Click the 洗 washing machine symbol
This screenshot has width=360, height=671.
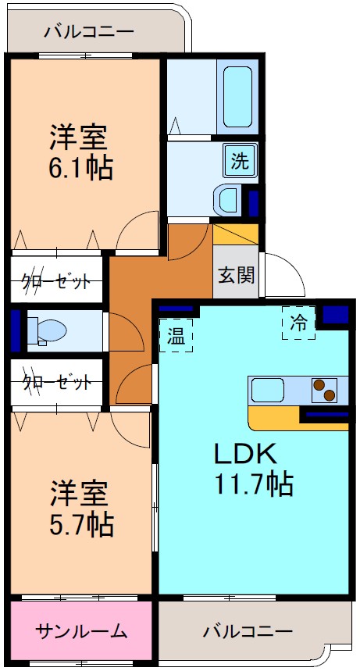coord(240,162)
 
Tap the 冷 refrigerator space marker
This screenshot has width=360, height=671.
coord(299,322)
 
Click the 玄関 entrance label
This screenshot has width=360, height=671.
coord(235,275)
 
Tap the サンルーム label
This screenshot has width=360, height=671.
coord(80,631)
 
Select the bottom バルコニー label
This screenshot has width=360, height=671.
coord(248,630)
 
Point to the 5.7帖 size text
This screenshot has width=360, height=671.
coord(82,523)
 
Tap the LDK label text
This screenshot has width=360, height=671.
coord(242,455)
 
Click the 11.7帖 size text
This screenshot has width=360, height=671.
coord(255,485)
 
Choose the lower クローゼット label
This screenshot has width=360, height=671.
coord(57,383)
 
